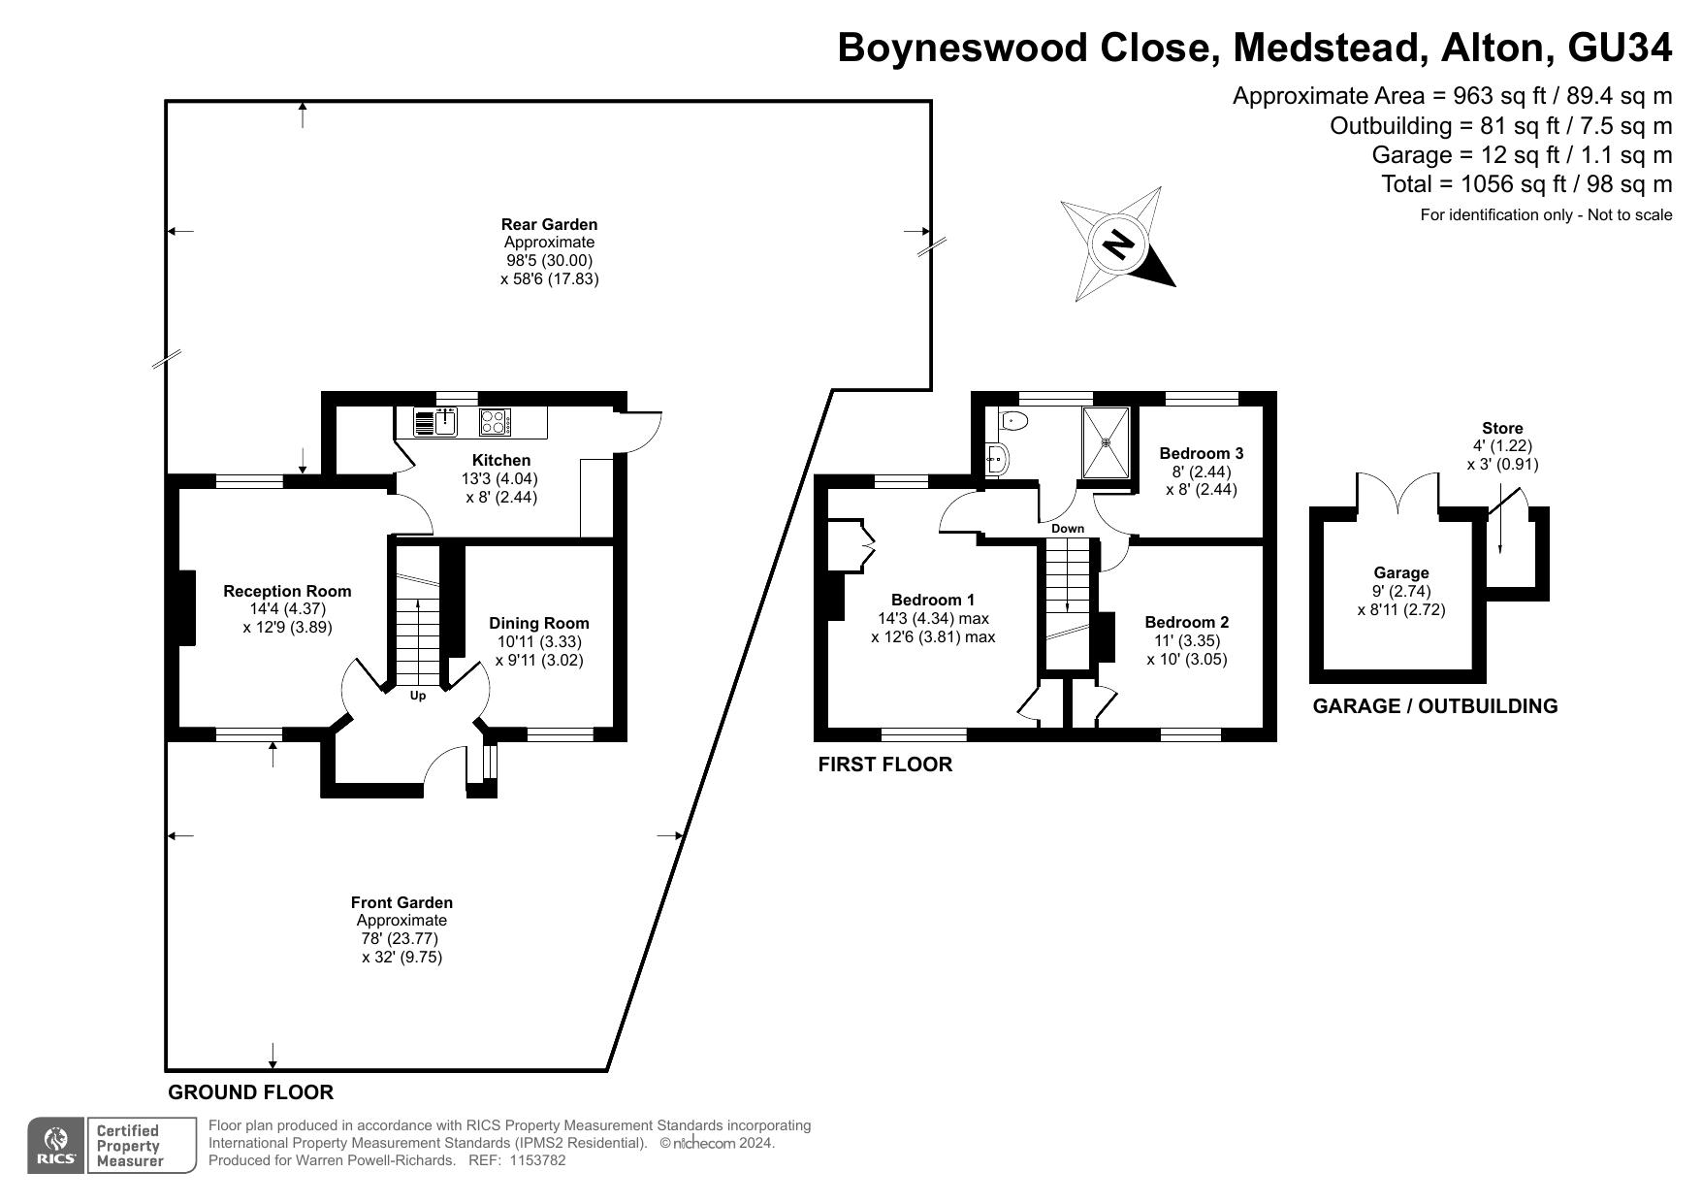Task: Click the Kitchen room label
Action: (x=501, y=460)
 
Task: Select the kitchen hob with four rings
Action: (x=495, y=423)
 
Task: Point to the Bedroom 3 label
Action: (x=1201, y=453)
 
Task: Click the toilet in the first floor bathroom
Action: (x=1012, y=421)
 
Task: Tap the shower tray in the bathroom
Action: (x=1107, y=442)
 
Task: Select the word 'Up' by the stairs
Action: (x=418, y=696)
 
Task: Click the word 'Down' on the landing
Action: (x=1068, y=529)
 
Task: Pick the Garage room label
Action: (x=1400, y=573)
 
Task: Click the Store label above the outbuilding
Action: (x=1502, y=428)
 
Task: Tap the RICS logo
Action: (x=57, y=1146)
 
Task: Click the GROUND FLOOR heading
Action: (x=251, y=1092)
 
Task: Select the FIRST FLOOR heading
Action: (x=884, y=765)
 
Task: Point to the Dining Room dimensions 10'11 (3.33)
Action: (x=539, y=641)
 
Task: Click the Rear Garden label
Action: (x=549, y=224)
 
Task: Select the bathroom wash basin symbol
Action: (x=997, y=459)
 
